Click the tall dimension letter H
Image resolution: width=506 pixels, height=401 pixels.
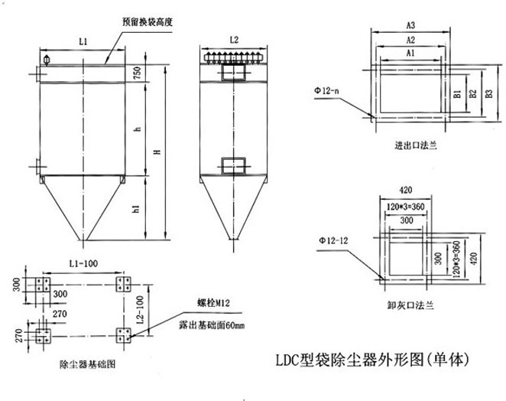158,152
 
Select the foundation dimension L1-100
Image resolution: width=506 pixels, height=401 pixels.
83,262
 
